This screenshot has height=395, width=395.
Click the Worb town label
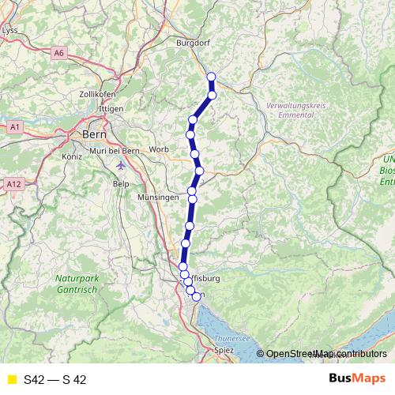pyautogui.click(x=159, y=149)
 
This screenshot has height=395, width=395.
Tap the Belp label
pyautogui.click(x=121, y=183)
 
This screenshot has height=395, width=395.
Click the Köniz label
pyautogui.click(x=72, y=157)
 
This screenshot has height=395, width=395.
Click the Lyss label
pyautogui.click(x=10, y=30)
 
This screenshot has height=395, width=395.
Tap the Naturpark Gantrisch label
pyautogui.click(x=75, y=284)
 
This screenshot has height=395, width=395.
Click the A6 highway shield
pyautogui.click(x=58, y=52)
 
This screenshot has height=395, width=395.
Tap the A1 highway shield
pyautogui.click(x=14, y=126)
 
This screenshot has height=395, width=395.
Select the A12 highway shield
pyautogui.click(x=12, y=184)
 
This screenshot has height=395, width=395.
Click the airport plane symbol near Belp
pyautogui.click(x=119, y=166)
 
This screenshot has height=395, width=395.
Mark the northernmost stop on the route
pyautogui.click(x=211, y=77)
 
